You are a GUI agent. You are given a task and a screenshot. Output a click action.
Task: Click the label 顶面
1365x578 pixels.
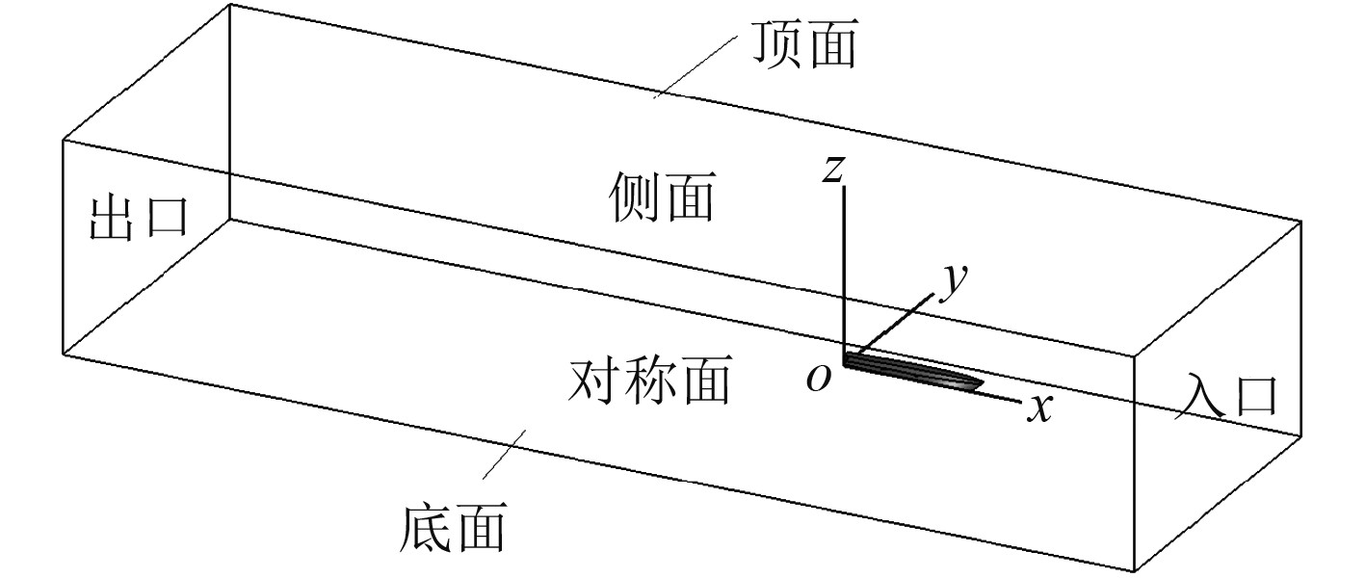[x=805, y=45]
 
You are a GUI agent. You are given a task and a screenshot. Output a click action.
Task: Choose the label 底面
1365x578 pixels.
[x=452, y=528]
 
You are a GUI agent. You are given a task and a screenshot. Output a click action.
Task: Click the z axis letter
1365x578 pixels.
[x=832, y=170]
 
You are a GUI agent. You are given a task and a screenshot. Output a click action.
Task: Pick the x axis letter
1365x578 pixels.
[x=1038, y=409]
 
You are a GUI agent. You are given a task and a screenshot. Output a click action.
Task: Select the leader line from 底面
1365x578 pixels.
[x=502, y=453]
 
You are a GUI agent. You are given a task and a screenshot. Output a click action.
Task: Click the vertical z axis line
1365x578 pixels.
[x=844, y=270]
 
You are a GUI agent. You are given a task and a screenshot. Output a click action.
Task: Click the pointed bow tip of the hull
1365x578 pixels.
[x=982, y=383]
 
